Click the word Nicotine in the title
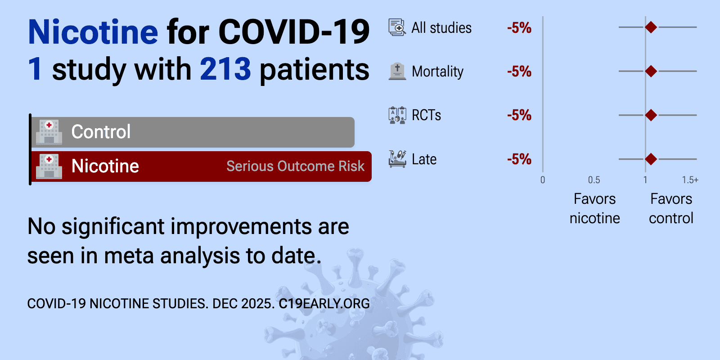(93, 32)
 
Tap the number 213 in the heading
(225, 69)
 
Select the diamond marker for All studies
(651, 27)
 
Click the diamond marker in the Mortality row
(651, 71)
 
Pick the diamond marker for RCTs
(651, 115)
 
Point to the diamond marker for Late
(651, 159)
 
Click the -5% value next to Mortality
(519, 72)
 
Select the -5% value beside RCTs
(519, 115)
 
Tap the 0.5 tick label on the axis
(594, 180)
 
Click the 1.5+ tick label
(690, 180)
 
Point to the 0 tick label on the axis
(543, 180)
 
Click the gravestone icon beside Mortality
(397, 71)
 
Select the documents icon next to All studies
(397, 27)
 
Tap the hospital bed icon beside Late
(397, 159)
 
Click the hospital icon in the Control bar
(49, 132)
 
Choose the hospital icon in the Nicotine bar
(49, 166)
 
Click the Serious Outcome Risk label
(295, 166)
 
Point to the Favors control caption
(671, 209)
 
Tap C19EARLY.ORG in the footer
(324, 304)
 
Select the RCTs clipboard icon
(397, 115)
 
